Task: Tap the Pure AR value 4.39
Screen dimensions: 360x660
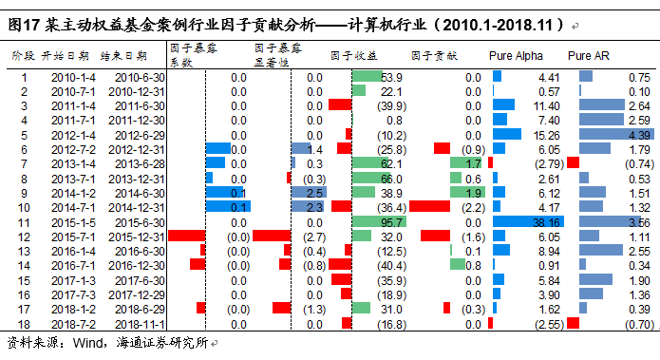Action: [637, 135]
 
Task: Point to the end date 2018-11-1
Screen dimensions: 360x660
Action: [141, 323]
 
